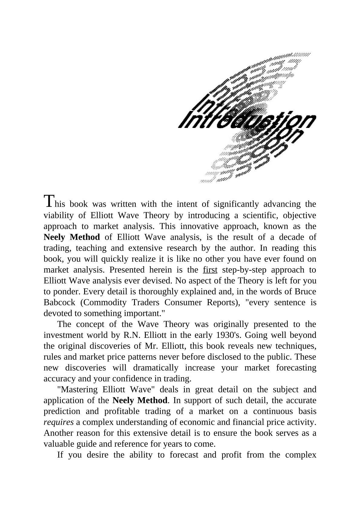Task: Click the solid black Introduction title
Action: pos(247,121)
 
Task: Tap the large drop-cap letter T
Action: pos(49,201)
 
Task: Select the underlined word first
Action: pos(210,270)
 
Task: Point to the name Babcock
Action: pos(60,302)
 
